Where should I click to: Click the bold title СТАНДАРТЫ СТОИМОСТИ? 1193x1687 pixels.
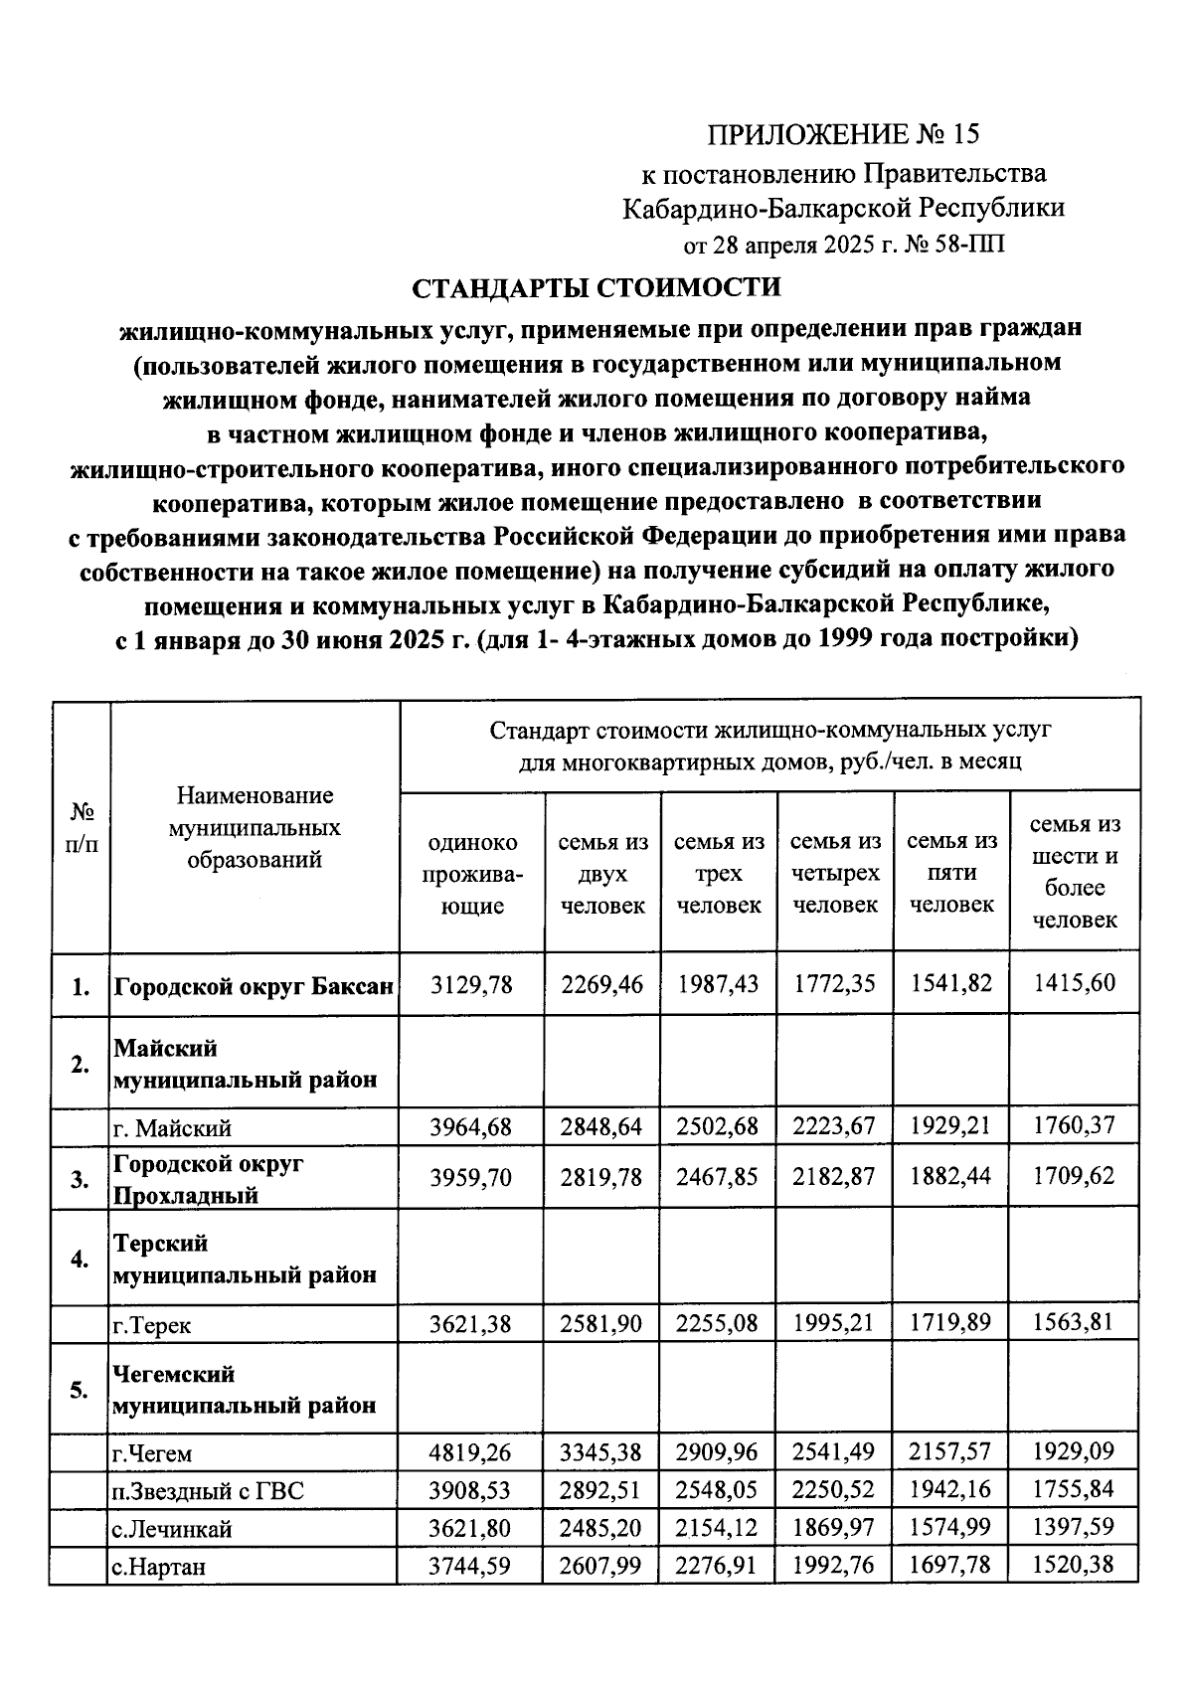596,287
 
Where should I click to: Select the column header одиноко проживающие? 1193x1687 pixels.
471,874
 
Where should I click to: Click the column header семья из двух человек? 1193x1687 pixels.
602,874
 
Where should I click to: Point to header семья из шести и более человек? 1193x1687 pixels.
1074,872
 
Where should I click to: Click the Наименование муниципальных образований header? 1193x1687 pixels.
255,827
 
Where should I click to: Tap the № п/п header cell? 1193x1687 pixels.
82,827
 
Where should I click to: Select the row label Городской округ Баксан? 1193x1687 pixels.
255,987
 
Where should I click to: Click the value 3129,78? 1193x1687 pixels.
471,984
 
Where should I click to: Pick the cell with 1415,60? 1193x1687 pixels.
1074,983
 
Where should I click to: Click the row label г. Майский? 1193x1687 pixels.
173,1128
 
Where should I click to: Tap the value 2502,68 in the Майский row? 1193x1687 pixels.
718,1126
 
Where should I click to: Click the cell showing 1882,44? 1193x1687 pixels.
950,1176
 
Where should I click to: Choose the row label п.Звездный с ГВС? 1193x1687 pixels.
208,1490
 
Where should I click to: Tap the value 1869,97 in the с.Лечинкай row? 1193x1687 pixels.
834,1526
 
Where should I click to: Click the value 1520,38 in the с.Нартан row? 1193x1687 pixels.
1074,1565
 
